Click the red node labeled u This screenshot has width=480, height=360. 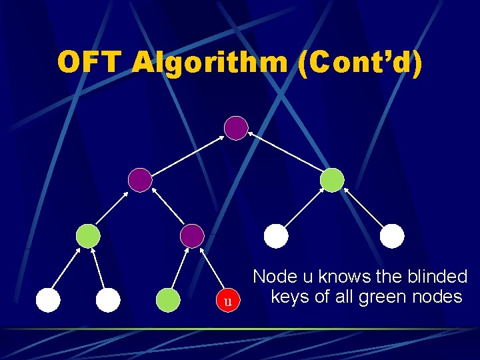228,301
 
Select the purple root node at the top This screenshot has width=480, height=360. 236,127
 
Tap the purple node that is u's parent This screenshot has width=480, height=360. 192,235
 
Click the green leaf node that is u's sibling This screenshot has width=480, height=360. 168,301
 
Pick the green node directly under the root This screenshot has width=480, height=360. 332,180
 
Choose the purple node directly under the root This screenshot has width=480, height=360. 140,179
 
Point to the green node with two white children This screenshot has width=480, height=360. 88,235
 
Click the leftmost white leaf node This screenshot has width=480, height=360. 48,301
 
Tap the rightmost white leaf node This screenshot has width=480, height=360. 392,235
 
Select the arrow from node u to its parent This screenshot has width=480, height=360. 211,270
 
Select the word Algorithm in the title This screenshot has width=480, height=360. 210,63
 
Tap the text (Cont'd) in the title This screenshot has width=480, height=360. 361,63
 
